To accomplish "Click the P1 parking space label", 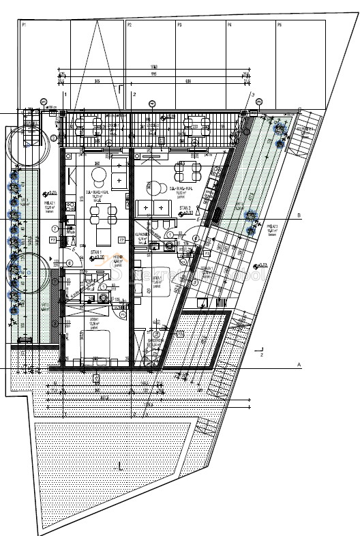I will click(x=24, y=24).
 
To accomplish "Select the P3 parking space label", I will click(x=179, y=24).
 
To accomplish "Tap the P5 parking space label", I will click(x=280, y=24).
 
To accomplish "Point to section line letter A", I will click(x=299, y=366).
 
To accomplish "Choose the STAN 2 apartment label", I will click(x=184, y=208).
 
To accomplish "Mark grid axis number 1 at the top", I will click(x=65, y=93).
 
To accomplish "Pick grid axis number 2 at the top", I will click(x=134, y=93).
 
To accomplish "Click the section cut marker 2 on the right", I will click(x=262, y=354).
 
